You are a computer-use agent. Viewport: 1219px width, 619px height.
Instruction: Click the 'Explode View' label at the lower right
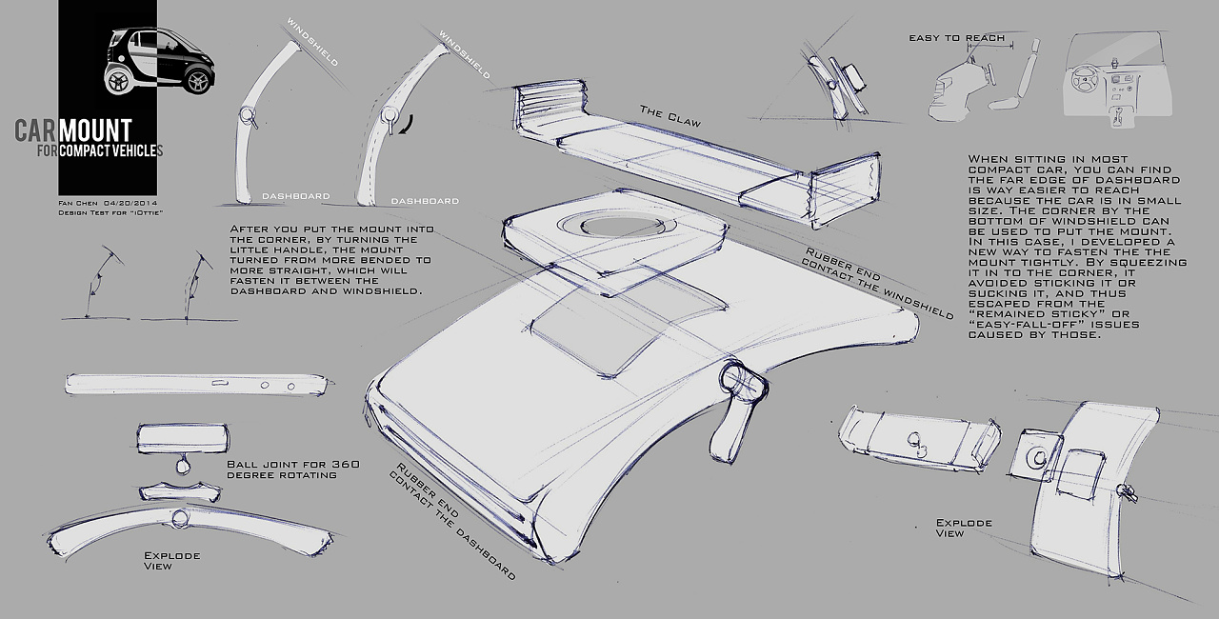click(x=964, y=528)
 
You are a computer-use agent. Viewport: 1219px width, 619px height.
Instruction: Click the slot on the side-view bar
click(x=220, y=383)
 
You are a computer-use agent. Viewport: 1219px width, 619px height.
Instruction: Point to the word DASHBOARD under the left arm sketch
click(x=296, y=196)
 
